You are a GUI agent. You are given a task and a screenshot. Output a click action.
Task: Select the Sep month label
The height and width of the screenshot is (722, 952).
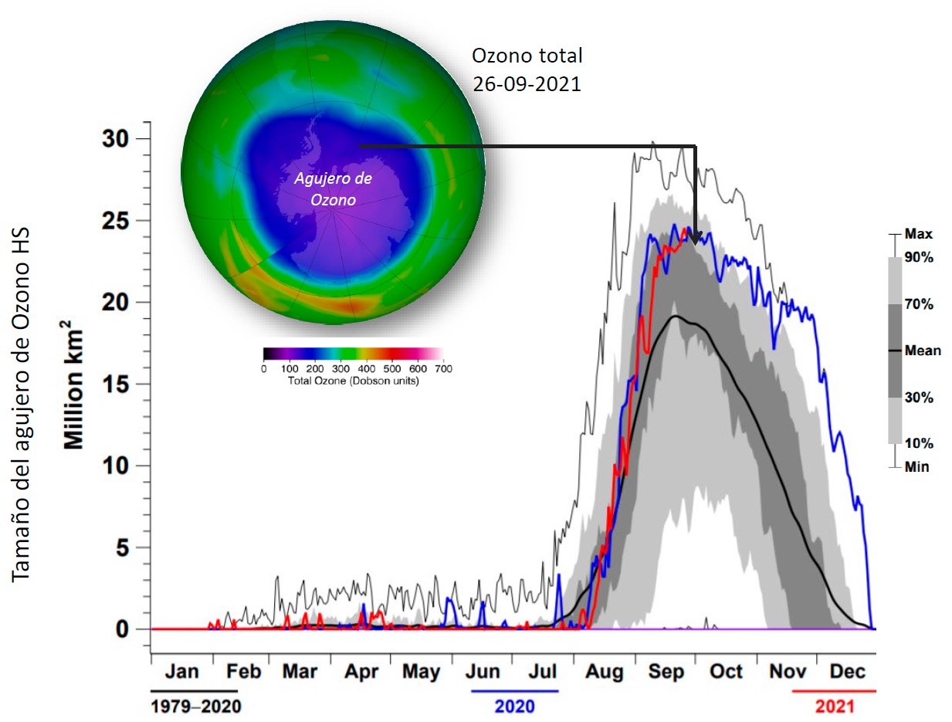click(x=666, y=672)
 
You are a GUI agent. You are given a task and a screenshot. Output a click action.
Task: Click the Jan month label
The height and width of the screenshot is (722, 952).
click(x=182, y=672)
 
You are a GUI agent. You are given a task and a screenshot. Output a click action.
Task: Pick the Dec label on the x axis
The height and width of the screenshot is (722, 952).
click(x=847, y=672)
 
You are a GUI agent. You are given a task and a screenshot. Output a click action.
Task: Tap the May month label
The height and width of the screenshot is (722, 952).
click(x=422, y=672)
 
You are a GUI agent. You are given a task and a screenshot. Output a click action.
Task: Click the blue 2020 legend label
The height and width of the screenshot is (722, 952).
click(x=514, y=706)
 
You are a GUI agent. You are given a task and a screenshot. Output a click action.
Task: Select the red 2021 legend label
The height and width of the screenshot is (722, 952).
click(x=835, y=706)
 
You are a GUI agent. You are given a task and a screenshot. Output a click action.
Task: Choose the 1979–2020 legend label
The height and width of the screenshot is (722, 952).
click(x=195, y=706)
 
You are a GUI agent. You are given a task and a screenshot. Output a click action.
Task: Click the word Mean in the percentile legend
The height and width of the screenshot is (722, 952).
click(x=923, y=351)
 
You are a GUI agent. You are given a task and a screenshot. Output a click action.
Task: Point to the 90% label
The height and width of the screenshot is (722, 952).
click(x=919, y=258)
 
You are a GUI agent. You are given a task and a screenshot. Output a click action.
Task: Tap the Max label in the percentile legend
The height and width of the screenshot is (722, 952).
click(x=918, y=234)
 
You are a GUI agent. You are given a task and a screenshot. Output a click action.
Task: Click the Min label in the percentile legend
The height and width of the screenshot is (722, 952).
click(x=917, y=467)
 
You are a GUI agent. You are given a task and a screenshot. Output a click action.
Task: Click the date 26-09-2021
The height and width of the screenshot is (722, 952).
click(x=527, y=84)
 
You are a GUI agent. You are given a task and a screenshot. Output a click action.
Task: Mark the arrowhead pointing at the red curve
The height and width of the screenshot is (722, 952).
click(x=695, y=239)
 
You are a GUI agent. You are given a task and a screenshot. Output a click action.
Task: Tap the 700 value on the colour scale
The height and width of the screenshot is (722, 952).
click(x=442, y=369)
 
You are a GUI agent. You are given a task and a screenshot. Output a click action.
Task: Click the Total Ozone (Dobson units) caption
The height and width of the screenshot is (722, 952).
click(x=354, y=381)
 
